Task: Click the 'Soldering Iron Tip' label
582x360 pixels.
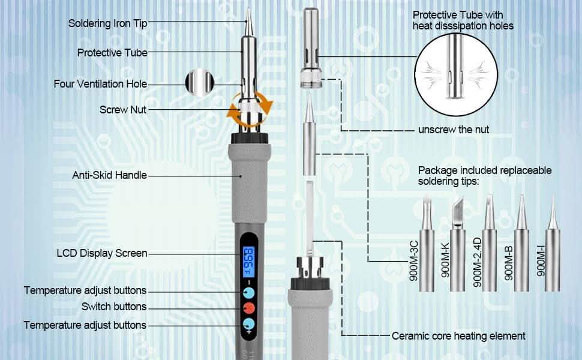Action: click(x=107, y=23)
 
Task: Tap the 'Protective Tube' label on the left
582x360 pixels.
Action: click(x=112, y=53)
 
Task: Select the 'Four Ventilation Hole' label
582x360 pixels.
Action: click(x=100, y=84)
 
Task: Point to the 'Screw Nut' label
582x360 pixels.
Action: click(x=122, y=110)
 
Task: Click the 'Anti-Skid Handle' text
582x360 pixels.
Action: click(x=109, y=175)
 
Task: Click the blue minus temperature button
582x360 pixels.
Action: click(x=247, y=293)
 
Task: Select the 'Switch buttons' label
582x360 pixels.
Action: click(x=114, y=307)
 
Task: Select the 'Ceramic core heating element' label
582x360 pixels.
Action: click(x=458, y=336)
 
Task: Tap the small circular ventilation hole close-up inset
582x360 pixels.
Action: click(x=199, y=83)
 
